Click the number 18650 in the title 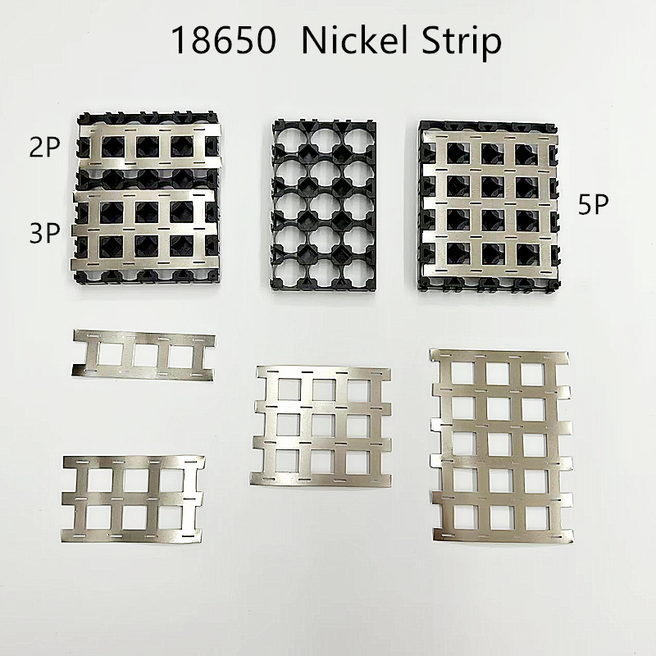tap(224, 40)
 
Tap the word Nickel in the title tap(357, 39)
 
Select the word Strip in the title tap(461, 43)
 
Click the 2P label tap(44, 147)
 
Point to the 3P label tap(44, 233)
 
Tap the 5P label tap(593, 204)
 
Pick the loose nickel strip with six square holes tap(133, 499)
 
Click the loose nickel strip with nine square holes tap(321, 426)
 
